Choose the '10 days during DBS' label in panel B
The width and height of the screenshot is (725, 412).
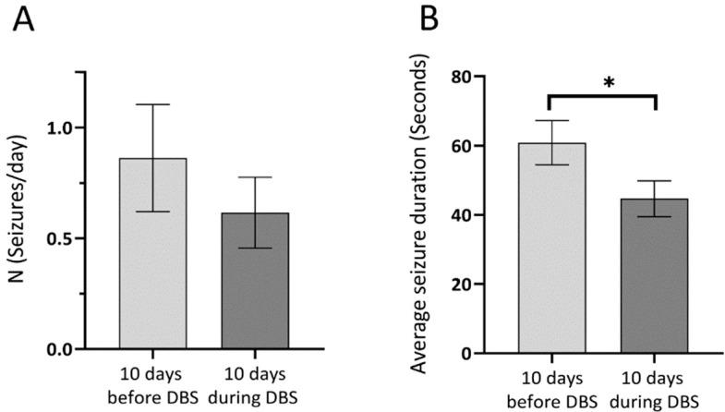655,391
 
